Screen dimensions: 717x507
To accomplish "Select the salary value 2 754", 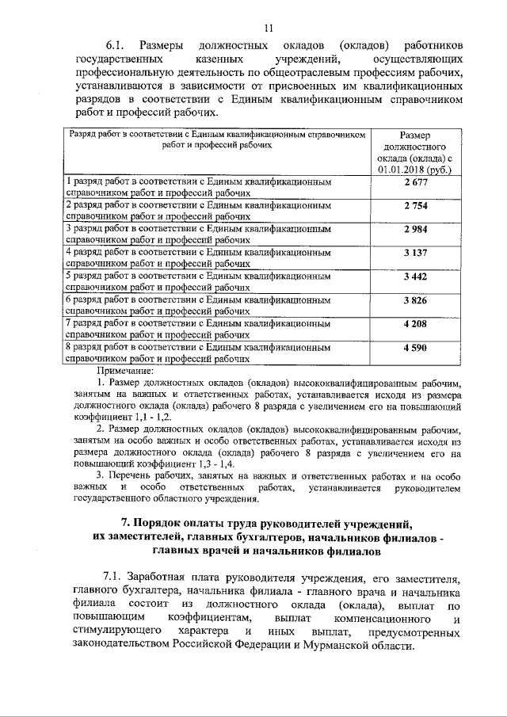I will pos(415,208).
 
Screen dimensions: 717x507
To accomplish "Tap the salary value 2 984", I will pos(415,231).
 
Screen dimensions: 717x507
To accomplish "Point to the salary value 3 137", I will pos(415,254).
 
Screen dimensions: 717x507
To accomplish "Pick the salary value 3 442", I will pos(415,277).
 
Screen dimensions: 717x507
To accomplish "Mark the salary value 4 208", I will pos(415,323).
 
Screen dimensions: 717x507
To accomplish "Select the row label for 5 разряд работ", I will pos(198,282).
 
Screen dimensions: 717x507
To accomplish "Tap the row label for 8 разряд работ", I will pos(198,353).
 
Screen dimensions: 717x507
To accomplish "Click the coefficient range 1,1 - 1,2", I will pos(145,417).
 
